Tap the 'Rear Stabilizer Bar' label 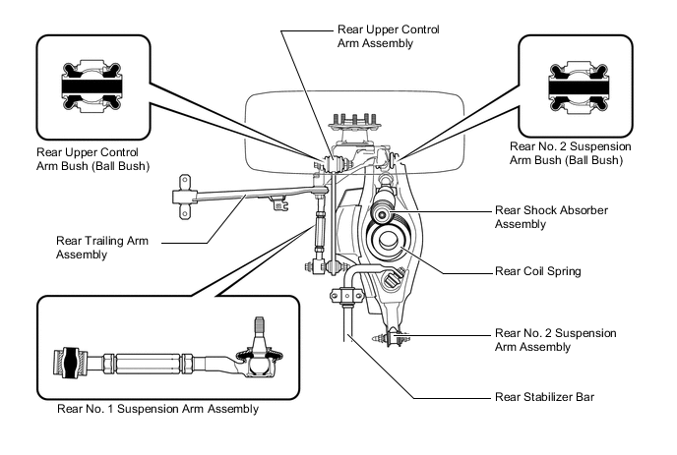click(545, 398)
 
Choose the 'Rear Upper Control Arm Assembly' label click(388, 37)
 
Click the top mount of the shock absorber click(382, 213)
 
